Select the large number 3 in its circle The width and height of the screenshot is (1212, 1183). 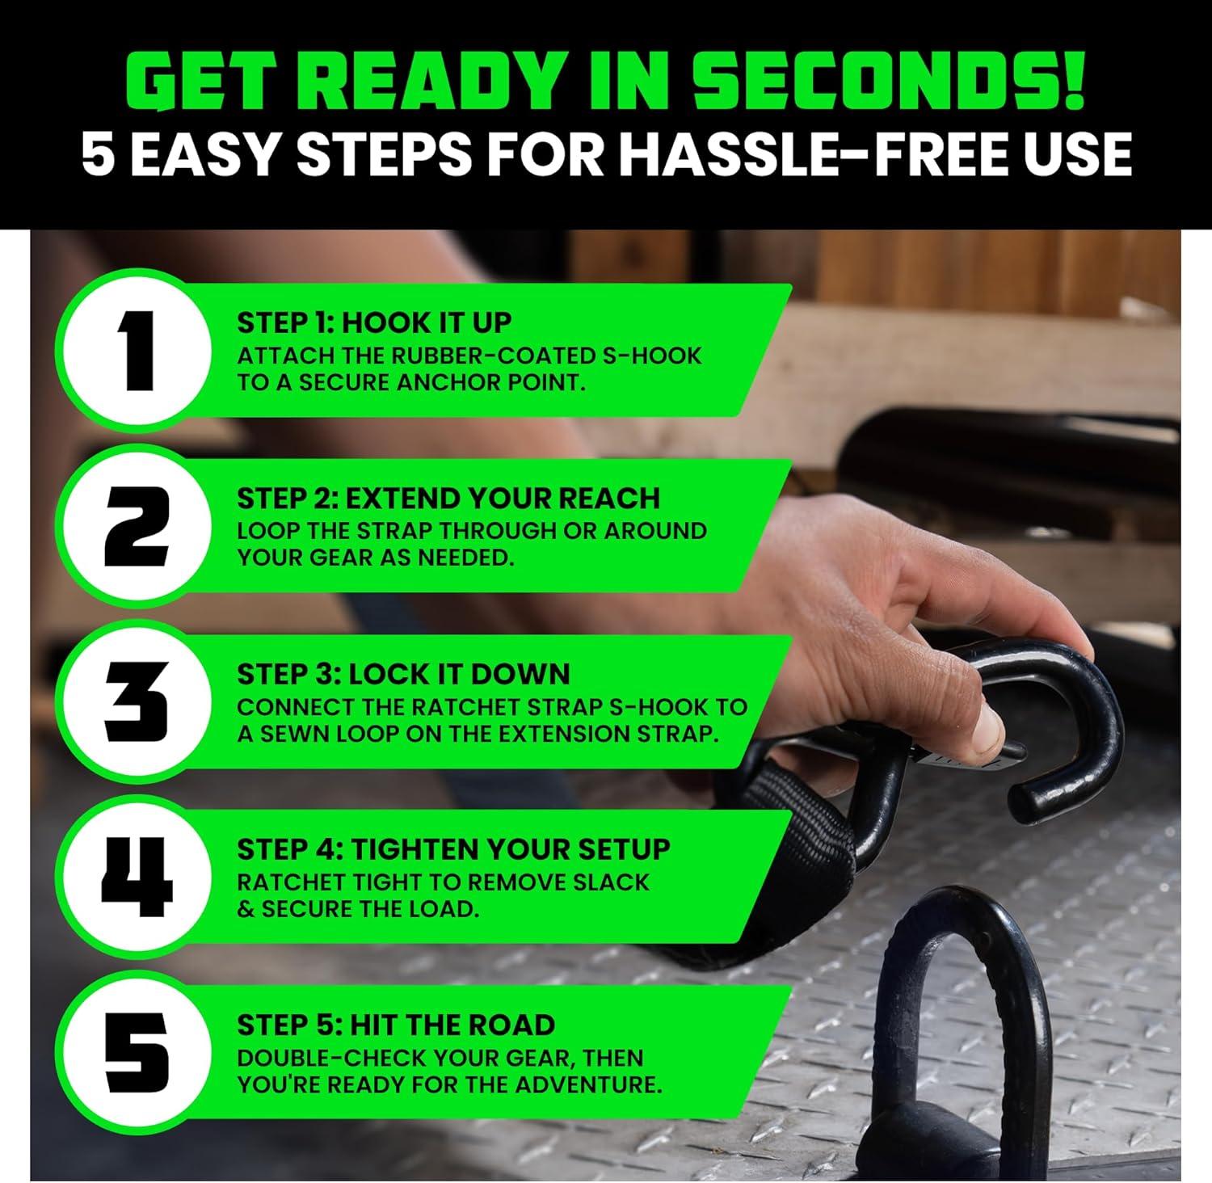(x=137, y=701)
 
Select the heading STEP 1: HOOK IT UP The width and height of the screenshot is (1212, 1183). (x=374, y=322)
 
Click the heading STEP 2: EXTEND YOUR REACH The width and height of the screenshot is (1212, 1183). (x=448, y=498)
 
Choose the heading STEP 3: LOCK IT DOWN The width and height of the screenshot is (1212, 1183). (x=403, y=674)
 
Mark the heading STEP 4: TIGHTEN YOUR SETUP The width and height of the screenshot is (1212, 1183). (x=453, y=849)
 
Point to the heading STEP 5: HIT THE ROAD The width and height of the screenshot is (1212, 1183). (x=396, y=1025)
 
